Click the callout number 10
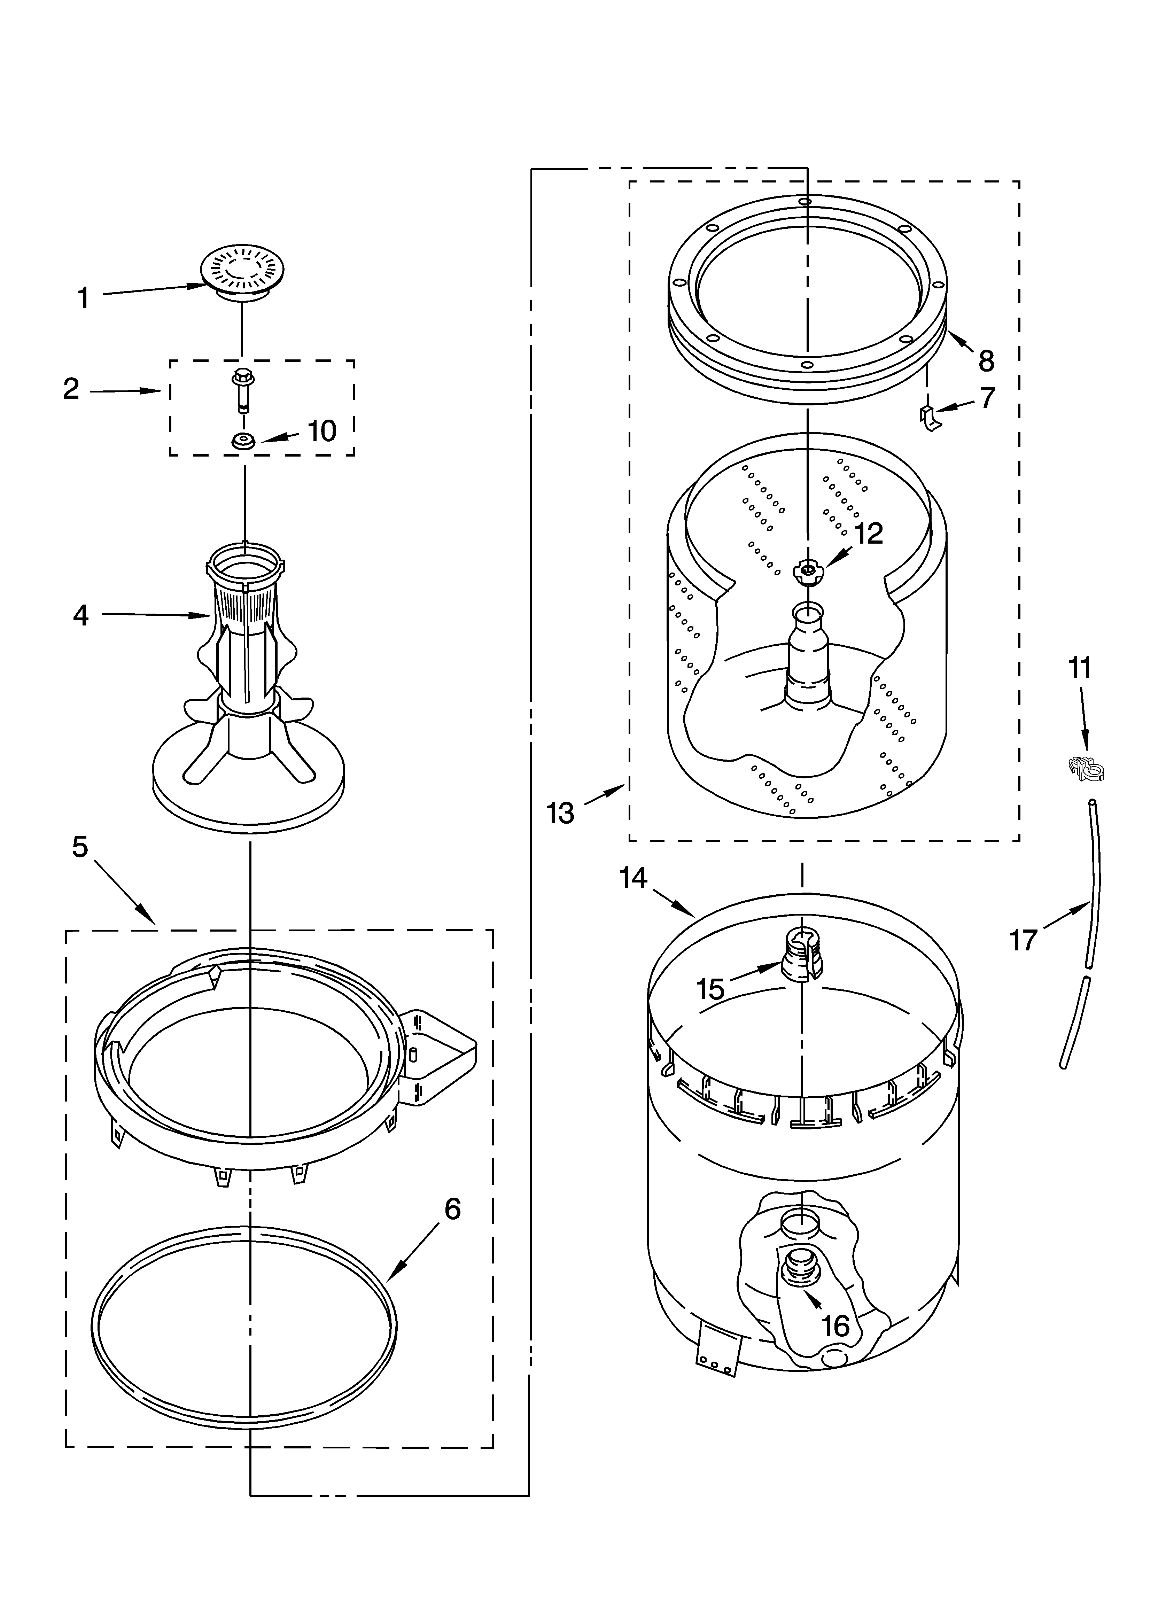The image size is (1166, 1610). tap(322, 431)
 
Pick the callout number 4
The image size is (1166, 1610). tap(81, 615)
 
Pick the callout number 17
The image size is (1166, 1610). tap(1023, 941)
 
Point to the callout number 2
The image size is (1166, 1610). tap(71, 389)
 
